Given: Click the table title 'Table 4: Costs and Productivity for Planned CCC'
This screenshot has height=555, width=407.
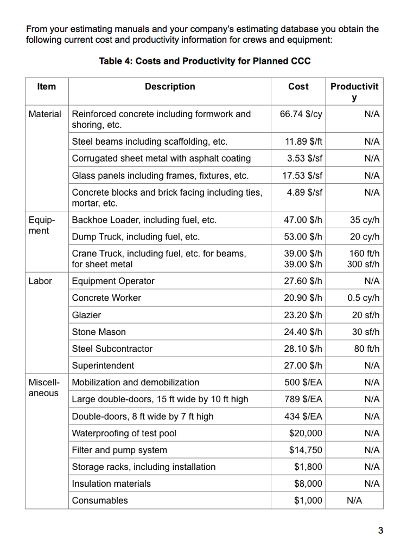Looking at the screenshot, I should pos(205,61).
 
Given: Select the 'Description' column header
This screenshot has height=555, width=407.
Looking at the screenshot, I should pos(170,87).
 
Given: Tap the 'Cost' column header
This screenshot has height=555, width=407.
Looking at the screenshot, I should pos(298,87).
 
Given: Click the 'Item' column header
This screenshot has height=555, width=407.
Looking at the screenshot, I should pos(47,87).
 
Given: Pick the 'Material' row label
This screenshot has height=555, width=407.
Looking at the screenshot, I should pos(45,114).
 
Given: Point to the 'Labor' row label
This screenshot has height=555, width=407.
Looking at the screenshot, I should pos(41,281).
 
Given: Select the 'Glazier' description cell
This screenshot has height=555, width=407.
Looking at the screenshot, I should pos(87,315).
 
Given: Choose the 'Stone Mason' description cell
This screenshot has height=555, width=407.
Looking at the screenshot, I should pos(99,332).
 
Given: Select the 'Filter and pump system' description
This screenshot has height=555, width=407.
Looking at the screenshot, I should pos(119,450).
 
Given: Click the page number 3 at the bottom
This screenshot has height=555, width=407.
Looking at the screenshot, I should pos(380,531).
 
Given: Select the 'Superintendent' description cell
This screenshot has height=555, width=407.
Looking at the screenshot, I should pos(103,365).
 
